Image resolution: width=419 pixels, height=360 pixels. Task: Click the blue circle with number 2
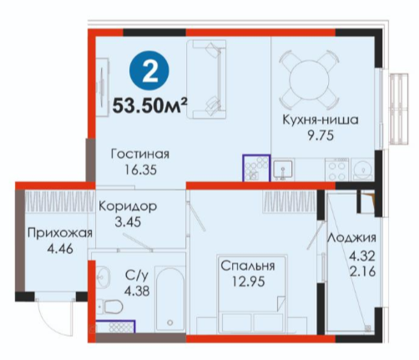(x=149, y=70)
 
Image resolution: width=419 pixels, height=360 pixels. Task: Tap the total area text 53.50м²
(x=149, y=105)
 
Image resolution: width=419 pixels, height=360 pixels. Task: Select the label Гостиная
(x=140, y=154)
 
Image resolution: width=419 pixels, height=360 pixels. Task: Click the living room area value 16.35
(x=140, y=170)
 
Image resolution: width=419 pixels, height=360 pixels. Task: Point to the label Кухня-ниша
(x=321, y=119)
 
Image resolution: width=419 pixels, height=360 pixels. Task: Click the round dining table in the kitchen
(x=309, y=79)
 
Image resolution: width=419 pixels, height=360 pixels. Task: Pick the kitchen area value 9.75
(x=321, y=136)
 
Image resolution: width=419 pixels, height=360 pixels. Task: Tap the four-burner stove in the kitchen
(x=337, y=169)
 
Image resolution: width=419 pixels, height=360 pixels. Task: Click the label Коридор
(x=128, y=206)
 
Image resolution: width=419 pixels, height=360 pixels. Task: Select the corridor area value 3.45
(x=128, y=222)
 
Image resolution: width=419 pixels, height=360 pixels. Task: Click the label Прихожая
(x=60, y=233)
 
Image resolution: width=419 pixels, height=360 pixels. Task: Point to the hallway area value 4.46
(x=60, y=249)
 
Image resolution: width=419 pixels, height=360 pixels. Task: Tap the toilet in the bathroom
(x=111, y=307)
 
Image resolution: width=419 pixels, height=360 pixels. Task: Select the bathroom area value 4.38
(x=137, y=291)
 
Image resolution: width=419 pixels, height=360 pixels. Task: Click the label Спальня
(x=248, y=266)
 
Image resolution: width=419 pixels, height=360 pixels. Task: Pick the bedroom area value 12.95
(x=249, y=282)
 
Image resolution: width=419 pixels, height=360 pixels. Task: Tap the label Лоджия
(x=352, y=238)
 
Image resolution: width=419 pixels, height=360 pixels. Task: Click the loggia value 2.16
(x=363, y=271)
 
